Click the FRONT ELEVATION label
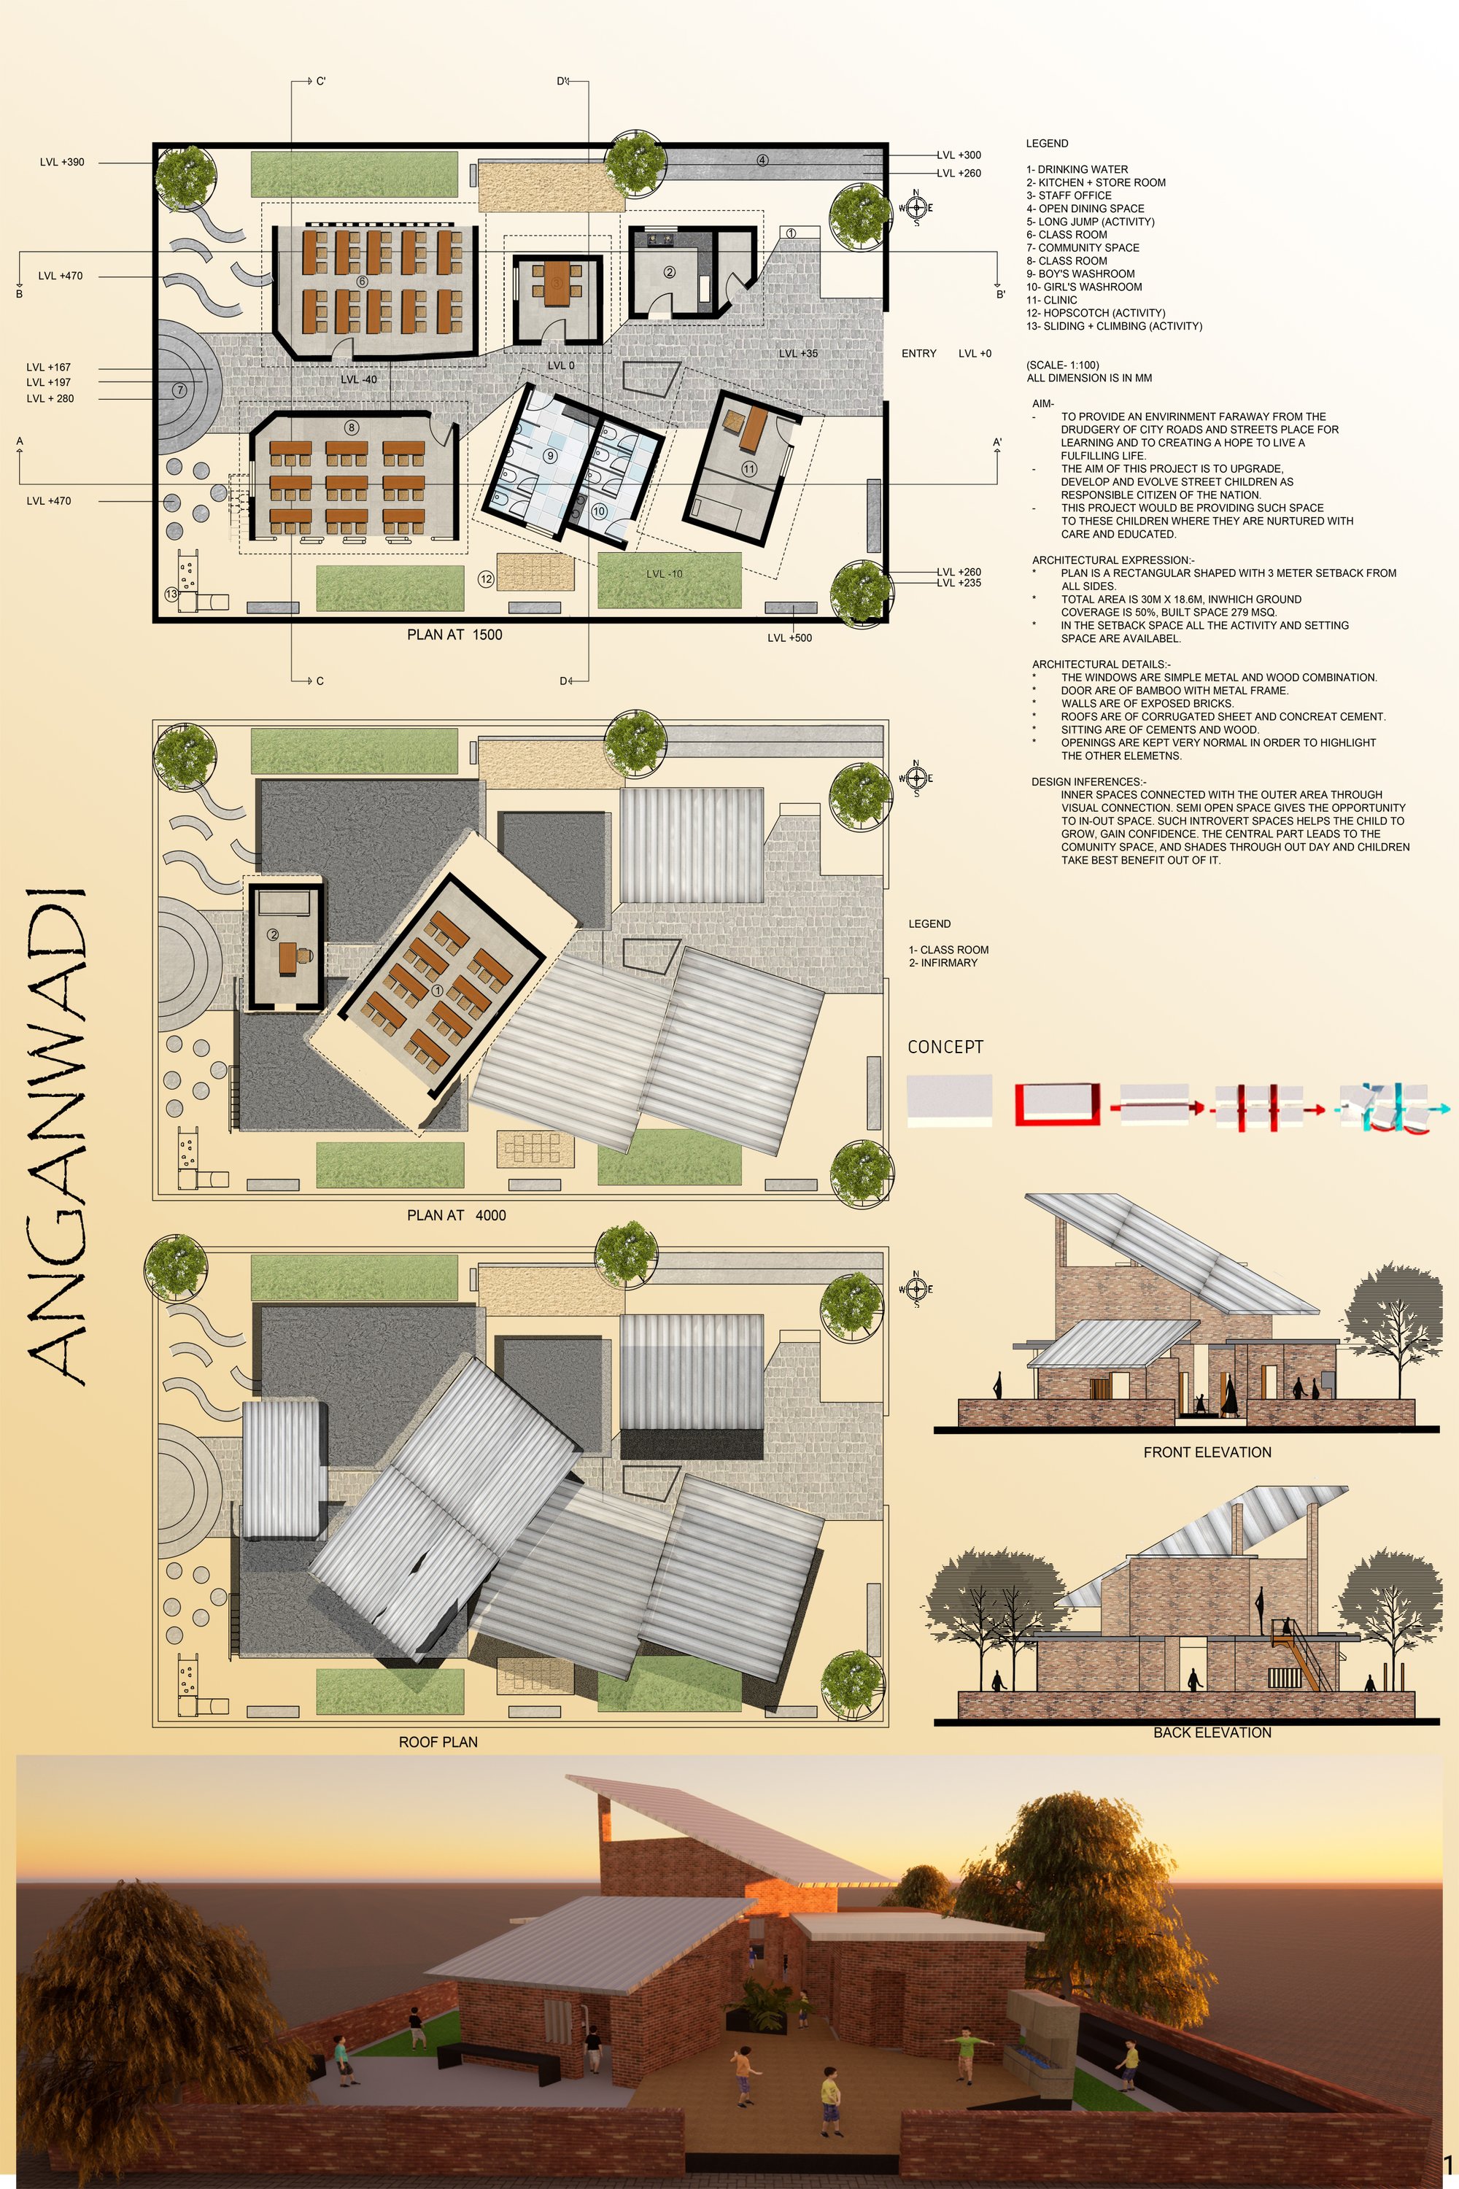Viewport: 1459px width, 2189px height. point(1207,1452)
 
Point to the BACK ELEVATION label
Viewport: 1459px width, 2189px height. point(1212,1732)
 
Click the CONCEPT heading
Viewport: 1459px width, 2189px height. point(945,1047)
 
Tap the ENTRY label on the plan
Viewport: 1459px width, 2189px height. point(918,354)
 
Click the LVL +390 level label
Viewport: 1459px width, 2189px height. point(61,162)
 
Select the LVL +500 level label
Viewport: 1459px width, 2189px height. point(789,638)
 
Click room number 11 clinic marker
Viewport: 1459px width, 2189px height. point(749,469)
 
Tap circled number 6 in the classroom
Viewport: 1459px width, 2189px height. point(362,281)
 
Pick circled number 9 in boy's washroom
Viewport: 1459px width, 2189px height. point(551,456)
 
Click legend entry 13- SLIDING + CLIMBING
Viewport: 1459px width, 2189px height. point(1114,327)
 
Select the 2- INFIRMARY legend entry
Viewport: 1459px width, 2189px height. point(943,963)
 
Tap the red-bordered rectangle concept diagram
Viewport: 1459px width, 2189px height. point(1057,1104)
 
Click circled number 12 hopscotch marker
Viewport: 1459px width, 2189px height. point(486,578)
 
